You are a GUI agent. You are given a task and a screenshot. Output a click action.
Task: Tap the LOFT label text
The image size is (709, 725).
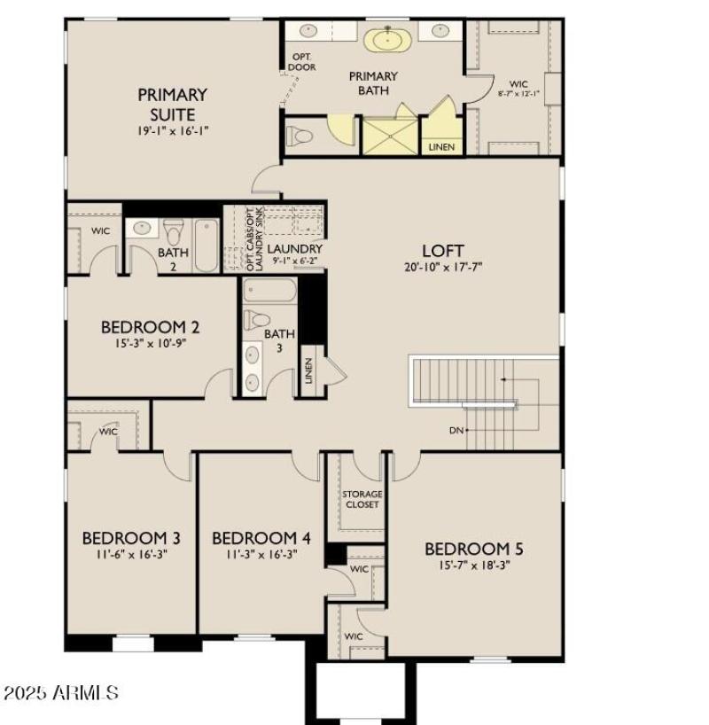(442, 251)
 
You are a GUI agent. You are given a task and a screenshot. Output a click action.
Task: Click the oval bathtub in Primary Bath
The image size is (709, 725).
(385, 39)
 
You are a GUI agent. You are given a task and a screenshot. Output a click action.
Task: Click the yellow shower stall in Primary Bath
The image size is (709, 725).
(390, 137)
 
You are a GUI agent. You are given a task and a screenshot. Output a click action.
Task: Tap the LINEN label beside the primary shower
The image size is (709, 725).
(441, 146)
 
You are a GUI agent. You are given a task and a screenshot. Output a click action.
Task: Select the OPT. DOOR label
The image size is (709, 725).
(302, 62)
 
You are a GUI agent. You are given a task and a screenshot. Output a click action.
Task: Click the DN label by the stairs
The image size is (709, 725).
(457, 430)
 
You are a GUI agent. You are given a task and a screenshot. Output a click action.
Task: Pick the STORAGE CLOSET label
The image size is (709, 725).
(362, 499)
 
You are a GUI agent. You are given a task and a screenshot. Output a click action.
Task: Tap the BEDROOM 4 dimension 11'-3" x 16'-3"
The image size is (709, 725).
(261, 553)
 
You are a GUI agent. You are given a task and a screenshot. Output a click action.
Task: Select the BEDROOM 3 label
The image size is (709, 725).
(131, 538)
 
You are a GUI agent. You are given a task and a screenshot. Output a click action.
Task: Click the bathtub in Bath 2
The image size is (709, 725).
(206, 246)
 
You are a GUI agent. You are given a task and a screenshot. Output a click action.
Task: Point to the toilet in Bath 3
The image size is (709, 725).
(258, 319)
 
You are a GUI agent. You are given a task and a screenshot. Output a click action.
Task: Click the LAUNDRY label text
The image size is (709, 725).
(294, 249)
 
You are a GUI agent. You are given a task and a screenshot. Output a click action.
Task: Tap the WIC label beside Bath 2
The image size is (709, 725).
(101, 231)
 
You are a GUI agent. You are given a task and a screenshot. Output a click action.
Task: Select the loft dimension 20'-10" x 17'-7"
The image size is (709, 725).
(442, 267)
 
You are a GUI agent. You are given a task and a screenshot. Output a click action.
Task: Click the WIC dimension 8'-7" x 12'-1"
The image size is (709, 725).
(518, 93)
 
